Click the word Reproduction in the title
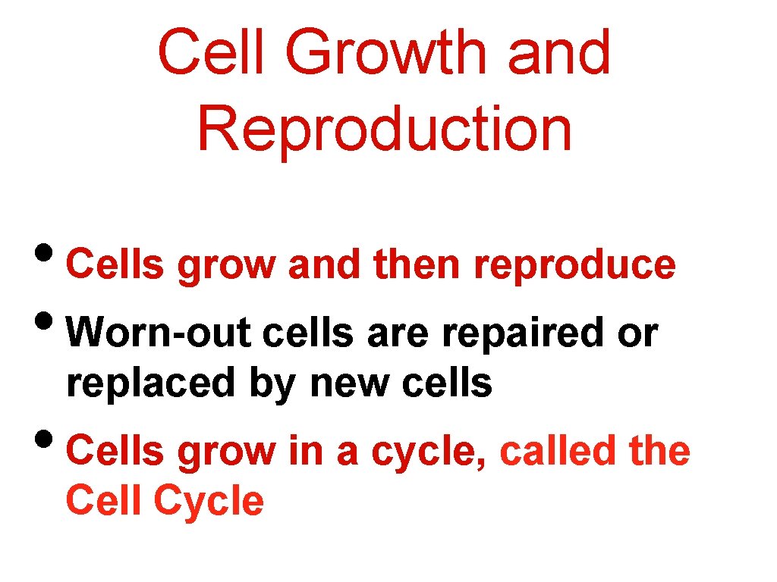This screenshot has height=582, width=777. [x=385, y=129]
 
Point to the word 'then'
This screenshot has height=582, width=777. [x=417, y=265]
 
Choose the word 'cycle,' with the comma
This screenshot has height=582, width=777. [x=428, y=453]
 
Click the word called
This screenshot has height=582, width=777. [x=558, y=452]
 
